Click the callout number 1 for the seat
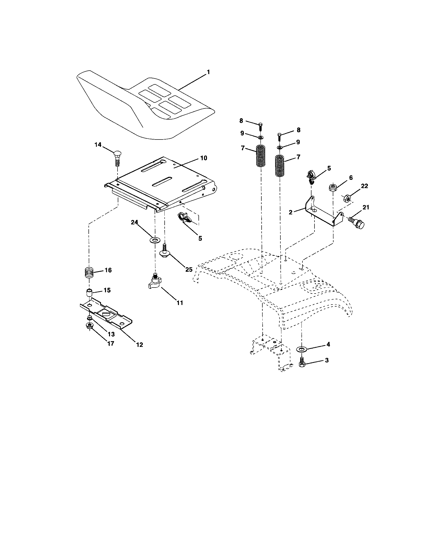click(x=208, y=72)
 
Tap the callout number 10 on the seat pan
click(x=203, y=158)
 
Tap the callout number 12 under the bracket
click(x=139, y=344)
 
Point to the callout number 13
click(x=111, y=334)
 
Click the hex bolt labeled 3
click(x=301, y=364)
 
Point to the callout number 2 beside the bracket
click(x=290, y=212)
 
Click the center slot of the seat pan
click(x=162, y=182)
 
